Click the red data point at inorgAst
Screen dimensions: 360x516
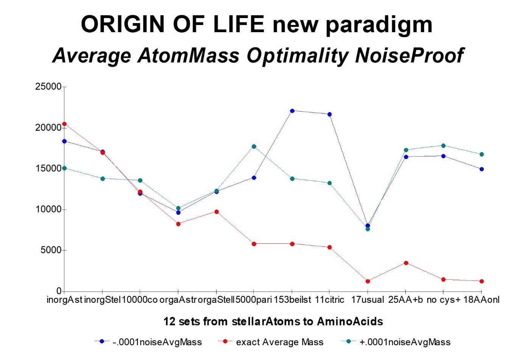point(64,124)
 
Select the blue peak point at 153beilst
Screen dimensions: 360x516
point(292,111)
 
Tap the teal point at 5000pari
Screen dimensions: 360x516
point(254,146)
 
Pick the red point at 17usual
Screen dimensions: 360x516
point(368,281)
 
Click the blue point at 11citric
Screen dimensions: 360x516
point(329,114)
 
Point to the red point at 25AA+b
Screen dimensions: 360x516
point(406,263)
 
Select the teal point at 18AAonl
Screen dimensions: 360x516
point(482,154)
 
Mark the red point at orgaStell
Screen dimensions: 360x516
point(217,212)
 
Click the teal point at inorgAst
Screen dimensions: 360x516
point(64,168)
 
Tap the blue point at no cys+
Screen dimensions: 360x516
point(443,156)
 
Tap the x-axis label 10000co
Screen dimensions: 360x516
point(140,300)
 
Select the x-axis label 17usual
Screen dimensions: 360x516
point(368,300)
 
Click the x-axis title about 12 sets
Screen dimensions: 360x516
point(273,322)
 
